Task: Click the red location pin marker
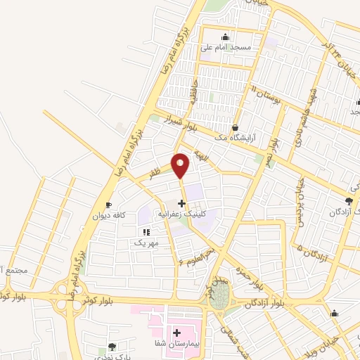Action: [181, 165]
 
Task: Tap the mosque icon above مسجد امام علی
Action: [225, 38]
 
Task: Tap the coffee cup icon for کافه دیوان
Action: [108, 205]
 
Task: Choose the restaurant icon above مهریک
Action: [146, 231]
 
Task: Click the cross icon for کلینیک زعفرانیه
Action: [181, 203]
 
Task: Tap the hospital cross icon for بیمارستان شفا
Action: [176, 331]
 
